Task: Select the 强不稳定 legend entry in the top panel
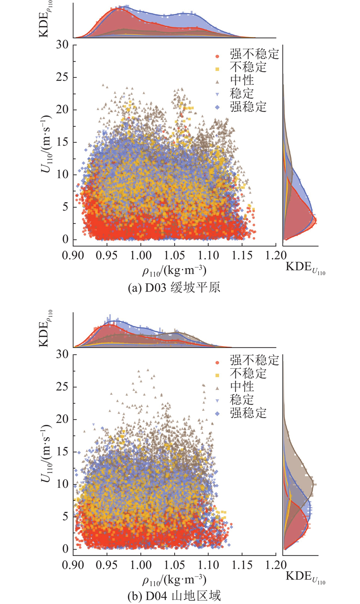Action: pos(254,55)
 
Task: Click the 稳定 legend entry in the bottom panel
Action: pos(242,399)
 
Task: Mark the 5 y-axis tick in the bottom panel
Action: pos(66,517)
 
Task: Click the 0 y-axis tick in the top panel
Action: pos(66,239)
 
